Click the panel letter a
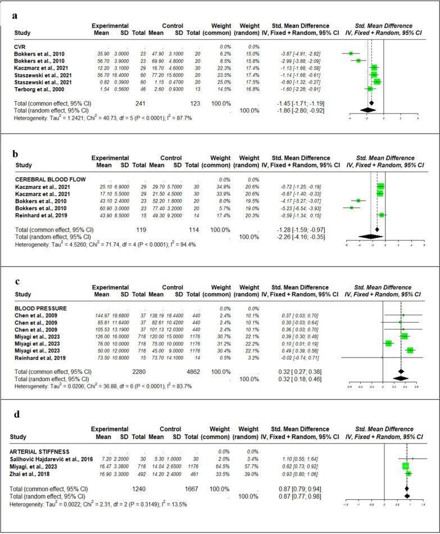pyautogui.click(x=15, y=16)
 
